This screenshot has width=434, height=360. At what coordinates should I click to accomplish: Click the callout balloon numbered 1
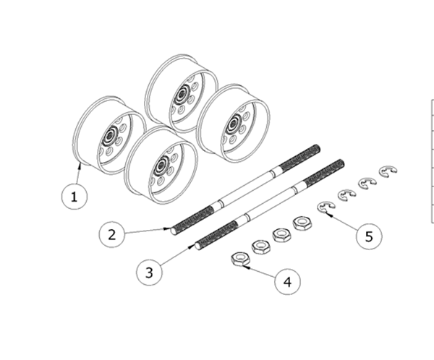click(75, 197)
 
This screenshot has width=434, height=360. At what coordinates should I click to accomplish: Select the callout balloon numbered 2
click(112, 234)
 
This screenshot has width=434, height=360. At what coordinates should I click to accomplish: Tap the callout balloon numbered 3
click(149, 273)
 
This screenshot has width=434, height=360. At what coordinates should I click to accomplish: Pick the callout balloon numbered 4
click(288, 282)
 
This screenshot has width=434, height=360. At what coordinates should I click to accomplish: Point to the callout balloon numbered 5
click(369, 236)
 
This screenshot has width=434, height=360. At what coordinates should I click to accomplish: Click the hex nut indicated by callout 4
click(240, 259)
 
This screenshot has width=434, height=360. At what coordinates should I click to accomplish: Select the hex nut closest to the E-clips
click(302, 223)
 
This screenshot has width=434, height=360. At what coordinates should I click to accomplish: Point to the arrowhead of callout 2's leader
click(168, 228)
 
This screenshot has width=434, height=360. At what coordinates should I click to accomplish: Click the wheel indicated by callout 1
click(109, 135)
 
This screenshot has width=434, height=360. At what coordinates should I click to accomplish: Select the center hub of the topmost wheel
click(182, 93)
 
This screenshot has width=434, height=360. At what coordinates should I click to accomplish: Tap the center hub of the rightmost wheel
click(234, 124)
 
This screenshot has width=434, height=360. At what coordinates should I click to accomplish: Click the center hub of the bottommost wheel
click(161, 166)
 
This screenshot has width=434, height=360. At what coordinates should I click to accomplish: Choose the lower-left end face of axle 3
click(197, 246)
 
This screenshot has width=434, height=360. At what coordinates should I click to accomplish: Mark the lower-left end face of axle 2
click(174, 231)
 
